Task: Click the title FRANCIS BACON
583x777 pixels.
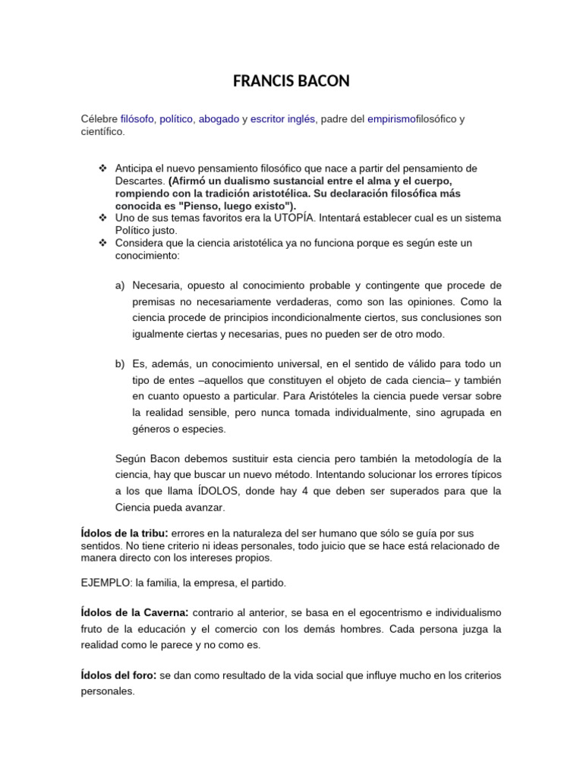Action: pyautogui.click(x=291, y=81)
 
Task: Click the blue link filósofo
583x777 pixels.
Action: pyautogui.click(x=137, y=119)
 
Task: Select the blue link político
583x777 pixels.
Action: pyautogui.click(x=176, y=119)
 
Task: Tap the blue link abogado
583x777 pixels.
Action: pyautogui.click(x=219, y=119)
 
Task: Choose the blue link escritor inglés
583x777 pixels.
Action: pyautogui.click(x=282, y=119)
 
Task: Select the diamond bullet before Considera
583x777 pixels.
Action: pyautogui.click(x=102, y=242)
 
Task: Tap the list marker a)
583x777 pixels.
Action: pyautogui.click(x=120, y=285)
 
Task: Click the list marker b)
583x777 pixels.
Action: pyautogui.click(x=120, y=364)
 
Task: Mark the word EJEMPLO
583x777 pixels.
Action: pyautogui.click(x=106, y=583)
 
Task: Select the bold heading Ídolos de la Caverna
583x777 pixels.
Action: pyautogui.click(x=134, y=612)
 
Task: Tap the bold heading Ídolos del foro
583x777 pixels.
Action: pyautogui.click(x=118, y=675)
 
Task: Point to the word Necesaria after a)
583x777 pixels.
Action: pyautogui.click(x=159, y=285)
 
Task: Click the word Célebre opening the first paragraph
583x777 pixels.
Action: pyautogui.click(x=99, y=119)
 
